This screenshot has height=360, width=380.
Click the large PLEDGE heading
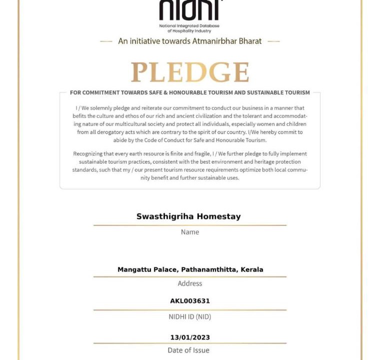coord(190,72)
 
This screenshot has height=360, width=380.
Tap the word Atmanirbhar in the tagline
coord(212,41)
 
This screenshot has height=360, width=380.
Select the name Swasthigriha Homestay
coord(188,216)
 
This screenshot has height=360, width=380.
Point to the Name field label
coord(190,232)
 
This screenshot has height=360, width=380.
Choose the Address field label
coord(190,283)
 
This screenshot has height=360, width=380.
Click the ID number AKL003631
coord(190,301)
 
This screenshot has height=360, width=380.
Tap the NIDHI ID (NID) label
coord(190,316)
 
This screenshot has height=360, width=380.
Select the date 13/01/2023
coord(190,337)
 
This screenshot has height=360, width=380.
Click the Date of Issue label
coord(188,350)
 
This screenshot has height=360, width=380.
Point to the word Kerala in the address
coord(252,269)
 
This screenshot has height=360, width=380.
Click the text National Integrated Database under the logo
coord(189,25)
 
